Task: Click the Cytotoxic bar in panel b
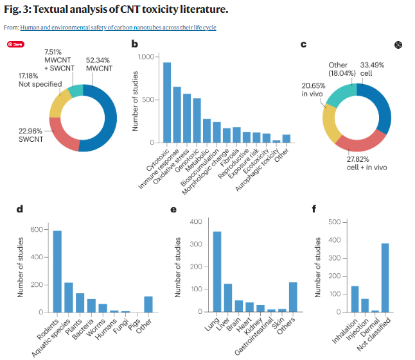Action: pos(167,103)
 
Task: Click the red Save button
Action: pos(15,44)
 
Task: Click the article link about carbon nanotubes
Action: pos(118,28)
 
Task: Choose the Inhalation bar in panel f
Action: pos(355,298)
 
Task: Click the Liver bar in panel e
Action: pos(228,297)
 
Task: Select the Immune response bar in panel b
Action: pos(177,114)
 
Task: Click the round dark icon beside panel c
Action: pos(398,45)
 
